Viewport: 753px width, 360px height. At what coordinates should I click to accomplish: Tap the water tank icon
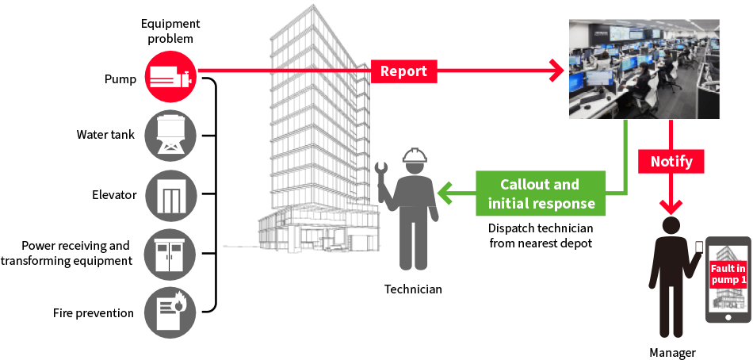click(x=170, y=135)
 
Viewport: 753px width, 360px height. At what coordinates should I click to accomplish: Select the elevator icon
click(x=170, y=195)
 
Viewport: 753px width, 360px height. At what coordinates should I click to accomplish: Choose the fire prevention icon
click(x=170, y=312)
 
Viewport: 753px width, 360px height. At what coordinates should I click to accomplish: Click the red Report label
click(x=403, y=71)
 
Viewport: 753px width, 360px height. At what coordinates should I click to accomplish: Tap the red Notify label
click(x=671, y=162)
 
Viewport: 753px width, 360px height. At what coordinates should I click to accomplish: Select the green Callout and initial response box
click(x=541, y=193)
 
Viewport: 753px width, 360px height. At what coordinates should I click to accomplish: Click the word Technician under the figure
click(x=413, y=289)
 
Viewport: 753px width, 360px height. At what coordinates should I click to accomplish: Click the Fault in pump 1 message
click(x=728, y=273)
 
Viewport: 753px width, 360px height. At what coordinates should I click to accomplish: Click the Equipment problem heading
click(x=170, y=31)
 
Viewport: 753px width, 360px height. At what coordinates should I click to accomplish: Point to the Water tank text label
click(x=105, y=135)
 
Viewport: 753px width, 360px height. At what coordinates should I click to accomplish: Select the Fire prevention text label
click(x=94, y=312)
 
